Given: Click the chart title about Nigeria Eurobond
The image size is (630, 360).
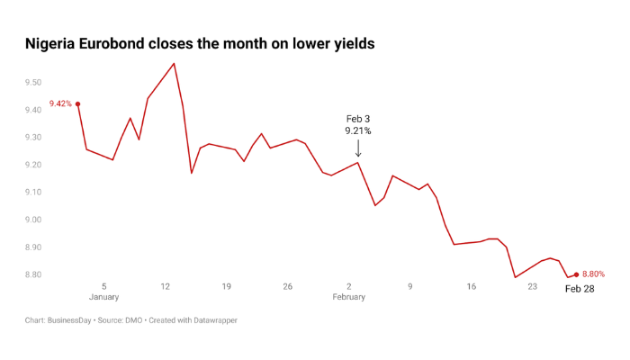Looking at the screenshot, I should (199, 43).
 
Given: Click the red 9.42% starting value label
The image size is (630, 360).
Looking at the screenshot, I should (60, 103).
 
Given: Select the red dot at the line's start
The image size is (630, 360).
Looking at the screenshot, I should (78, 103).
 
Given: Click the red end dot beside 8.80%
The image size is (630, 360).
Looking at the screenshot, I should (576, 274).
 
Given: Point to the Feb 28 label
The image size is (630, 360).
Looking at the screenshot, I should (580, 289).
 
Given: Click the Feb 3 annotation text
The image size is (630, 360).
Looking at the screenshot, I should (358, 119).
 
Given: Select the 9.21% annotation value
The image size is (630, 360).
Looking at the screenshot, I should (358, 131).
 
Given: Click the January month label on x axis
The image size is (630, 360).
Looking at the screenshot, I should (104, 297).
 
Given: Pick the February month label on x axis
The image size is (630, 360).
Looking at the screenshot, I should (349, 297).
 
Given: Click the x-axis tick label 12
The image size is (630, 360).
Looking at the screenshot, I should (166, 286).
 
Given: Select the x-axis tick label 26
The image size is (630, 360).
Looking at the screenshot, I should (288, 286).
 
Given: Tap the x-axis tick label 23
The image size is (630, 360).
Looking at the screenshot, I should (533, 286).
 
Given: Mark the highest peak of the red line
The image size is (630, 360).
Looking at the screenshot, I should (174, 63).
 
